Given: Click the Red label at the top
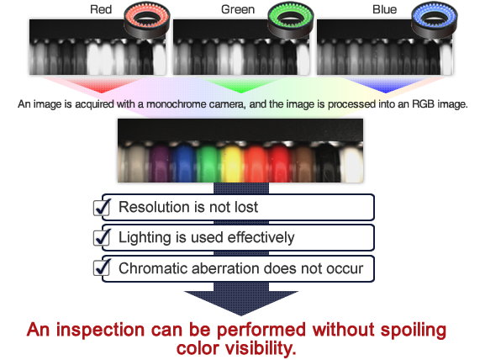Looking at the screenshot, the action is point(101,9).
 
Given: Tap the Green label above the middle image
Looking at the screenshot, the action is point(238,9).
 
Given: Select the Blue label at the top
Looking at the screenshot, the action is point(385,9).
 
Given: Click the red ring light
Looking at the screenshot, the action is point(147,20).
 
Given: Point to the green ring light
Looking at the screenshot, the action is point(291,20).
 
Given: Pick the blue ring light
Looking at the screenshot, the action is point(435,20).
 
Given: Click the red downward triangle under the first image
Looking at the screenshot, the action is point(102,85).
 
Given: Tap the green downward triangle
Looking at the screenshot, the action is point(241,85).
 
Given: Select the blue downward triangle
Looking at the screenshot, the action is point(385,85).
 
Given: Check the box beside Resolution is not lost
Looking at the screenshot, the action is point(102,208).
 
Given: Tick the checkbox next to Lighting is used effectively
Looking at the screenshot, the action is point(102,237).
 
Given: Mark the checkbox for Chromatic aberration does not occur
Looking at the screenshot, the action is point(102,268).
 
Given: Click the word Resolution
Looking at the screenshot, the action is point(150,207).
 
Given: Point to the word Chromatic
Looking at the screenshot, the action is point(151,268).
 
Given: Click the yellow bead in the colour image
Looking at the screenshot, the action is point(232,163).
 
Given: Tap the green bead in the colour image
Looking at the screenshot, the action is point(208,163).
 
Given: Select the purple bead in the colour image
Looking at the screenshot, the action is point(160,163).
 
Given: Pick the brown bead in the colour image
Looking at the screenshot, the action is point(304,163).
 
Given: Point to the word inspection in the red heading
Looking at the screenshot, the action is point(100,331).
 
